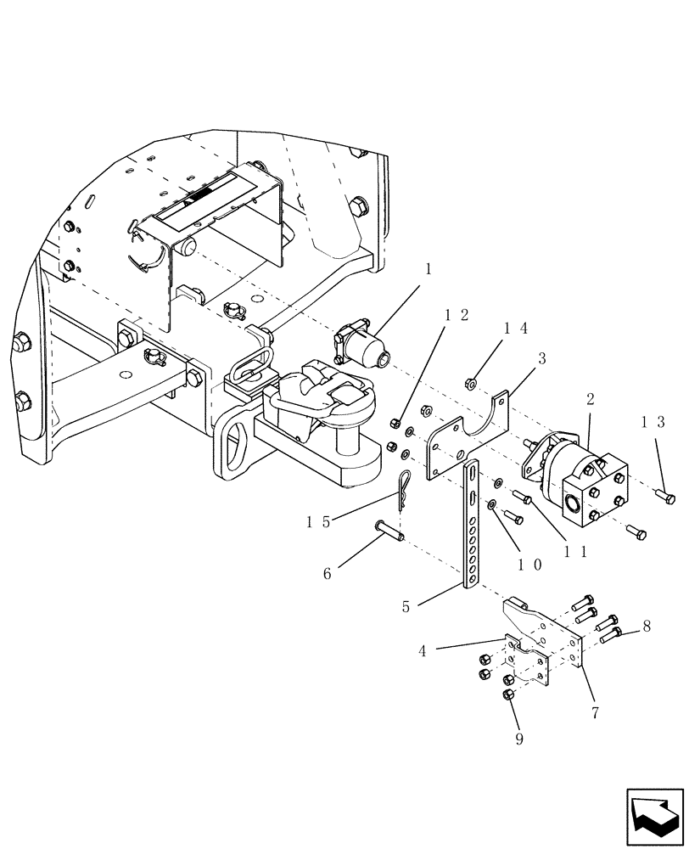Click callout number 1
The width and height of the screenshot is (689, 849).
pyautogui.click(x=429, y=269)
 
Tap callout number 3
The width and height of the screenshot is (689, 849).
pyautogui.click(x=541, y=358)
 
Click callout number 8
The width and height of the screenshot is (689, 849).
pyautogui.click(x=647, y=627)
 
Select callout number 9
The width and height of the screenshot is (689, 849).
pyautogui.click(x=518, y=739)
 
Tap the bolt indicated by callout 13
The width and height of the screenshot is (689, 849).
pyautogui.click(x=667, y=497)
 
